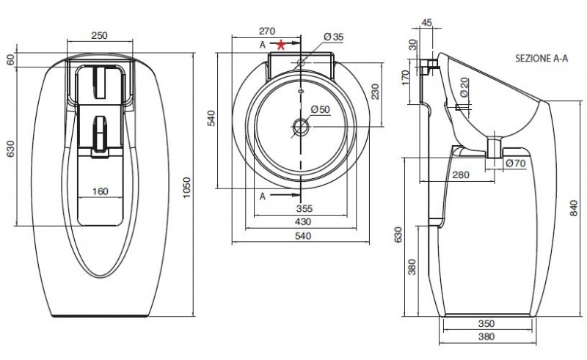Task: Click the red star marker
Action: pos(281,45)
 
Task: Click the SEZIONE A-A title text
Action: pos(542,59)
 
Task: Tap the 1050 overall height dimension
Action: pos(186,188)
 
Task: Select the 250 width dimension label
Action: pos(100,35)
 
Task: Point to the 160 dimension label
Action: pos(100,191)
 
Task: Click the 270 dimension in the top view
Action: pos(267,31)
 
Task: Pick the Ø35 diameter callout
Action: pos(334,37)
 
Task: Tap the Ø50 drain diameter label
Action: pos(321,110)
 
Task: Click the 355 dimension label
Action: pos(304,208)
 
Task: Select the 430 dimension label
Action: pos(303,222)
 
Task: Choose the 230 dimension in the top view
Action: pos(375,92)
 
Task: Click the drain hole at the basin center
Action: pos(300,127)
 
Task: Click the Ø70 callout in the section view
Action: pos(516,164)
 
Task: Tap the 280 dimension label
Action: pos(461,175)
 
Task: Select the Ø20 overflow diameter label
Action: pos(464,87)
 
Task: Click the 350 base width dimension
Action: pos(486,323)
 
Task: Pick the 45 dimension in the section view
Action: pos(427,23)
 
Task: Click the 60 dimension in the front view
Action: pos(10,59)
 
